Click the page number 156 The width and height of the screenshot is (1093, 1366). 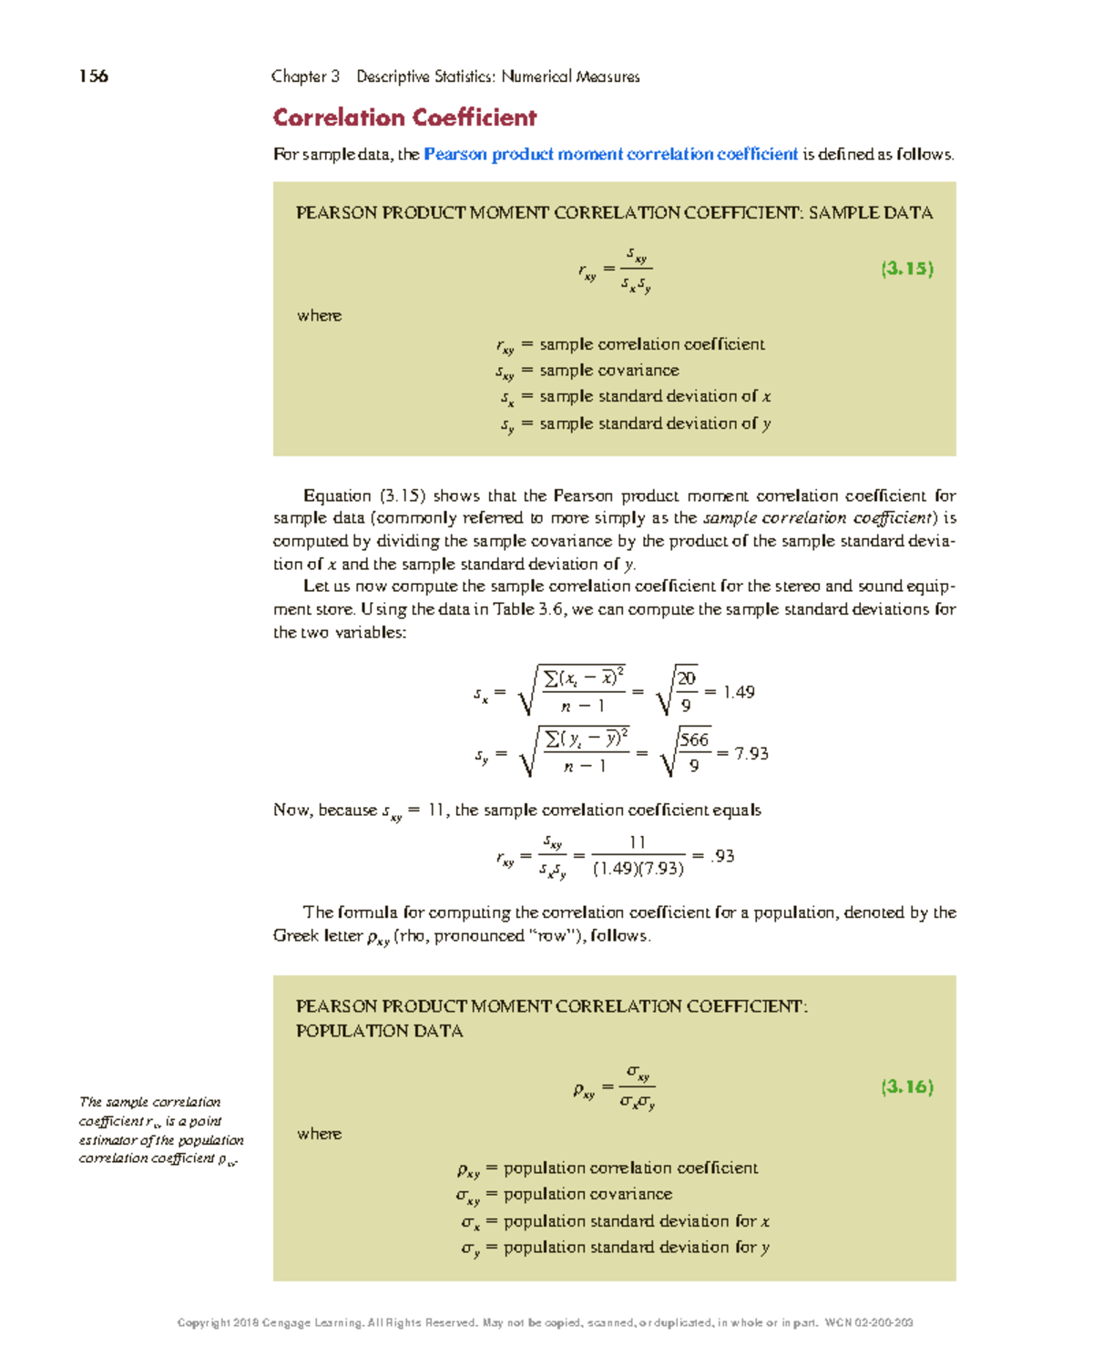pyautogui.click(x=94, y=76)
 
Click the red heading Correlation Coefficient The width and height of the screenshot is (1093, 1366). pyautogui.click(x=404, y=118)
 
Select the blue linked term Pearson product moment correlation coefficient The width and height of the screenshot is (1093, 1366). pyautogui.click(x=610, y=155)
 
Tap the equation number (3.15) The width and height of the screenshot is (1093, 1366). pyautogui.click(x=906, y=269)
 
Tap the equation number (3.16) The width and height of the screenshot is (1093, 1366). pyautogui.click(x=906, y=1086)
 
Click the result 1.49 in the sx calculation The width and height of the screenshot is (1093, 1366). pyautogui.click(x=738, y=693)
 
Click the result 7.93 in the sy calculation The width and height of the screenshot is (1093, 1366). pyautogui.click(x=751, y=754)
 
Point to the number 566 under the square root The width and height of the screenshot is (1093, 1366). pyautogui.click(x=694, y=740)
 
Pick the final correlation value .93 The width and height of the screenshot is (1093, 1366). pyautogui.click(x=721, y=856)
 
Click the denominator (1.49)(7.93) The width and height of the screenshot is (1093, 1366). pyautogui.click(x=638, y=869)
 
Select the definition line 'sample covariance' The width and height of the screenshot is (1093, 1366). pyautogui.click(x=608, y=371)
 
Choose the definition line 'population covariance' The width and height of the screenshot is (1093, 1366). pyautogui.click(x=587, y=1194)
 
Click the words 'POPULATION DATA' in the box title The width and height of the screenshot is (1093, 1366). pyautogui.click(x=379, y=1031)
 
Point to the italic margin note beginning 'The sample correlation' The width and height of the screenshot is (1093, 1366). pyautogui.click(x=160, y=1130)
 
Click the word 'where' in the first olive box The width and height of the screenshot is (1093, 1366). pyautogui.click(x=319, y=316)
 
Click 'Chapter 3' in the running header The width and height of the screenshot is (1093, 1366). pyautogui.click(x=305, y=76)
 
